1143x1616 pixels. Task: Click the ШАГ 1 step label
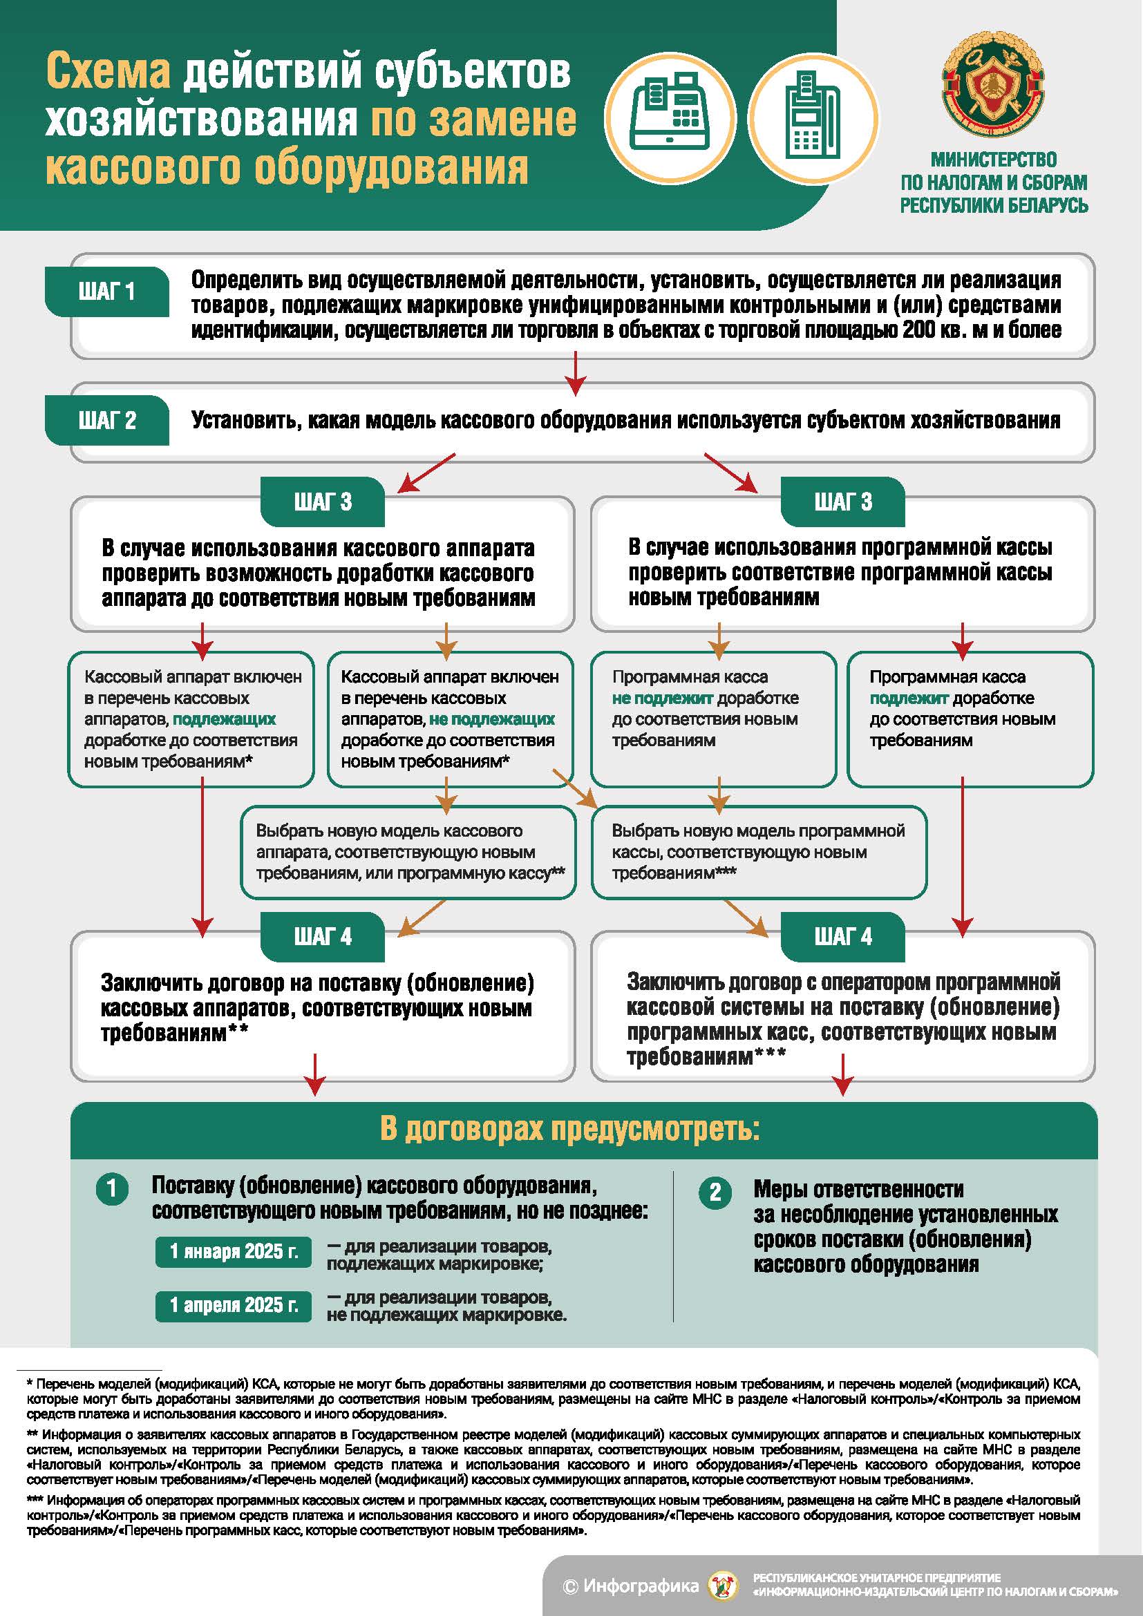pos(107,292)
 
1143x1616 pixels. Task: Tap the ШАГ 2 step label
pos(107,420)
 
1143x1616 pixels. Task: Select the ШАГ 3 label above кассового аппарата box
pos(322,502)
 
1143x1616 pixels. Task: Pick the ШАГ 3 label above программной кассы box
pos(842,502)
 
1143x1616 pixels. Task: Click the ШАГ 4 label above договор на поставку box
pos(322,937)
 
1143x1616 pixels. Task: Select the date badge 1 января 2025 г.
pos(234,1251)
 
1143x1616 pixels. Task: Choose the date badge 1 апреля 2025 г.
pos(234,1304)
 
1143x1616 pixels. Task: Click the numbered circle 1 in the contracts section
pos(112,1189)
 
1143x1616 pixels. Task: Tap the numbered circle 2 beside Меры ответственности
pos(715,1192)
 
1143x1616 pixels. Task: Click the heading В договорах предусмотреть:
pos(570,1129)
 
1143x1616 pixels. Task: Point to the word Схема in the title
pos(108,72)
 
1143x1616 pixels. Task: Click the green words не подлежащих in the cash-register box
pos(492,719)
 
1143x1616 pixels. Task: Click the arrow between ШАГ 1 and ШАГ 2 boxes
pos(576,373)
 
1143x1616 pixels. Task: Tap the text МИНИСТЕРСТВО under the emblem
pos(993,160)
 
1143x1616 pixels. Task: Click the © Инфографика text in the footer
pos(631,1585)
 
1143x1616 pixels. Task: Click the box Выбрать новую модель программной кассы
pos(759,852)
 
